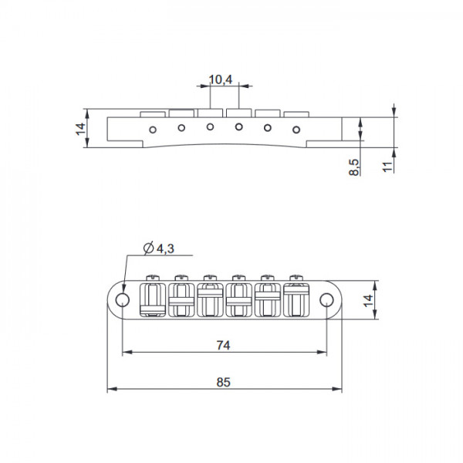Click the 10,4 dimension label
coord(221,79)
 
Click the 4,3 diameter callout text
coord(164,248)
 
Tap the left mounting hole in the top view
coord(122,299)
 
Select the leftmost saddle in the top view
coord(151,299)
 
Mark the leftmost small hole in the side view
coord(154,129)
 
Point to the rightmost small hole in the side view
coord(296,129)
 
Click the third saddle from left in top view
coord(208,299)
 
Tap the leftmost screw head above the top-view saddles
coord(151,277)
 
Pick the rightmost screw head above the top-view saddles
coord(295,277)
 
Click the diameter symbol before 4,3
coord(147,248)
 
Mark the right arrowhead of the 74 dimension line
coord(323,352)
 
